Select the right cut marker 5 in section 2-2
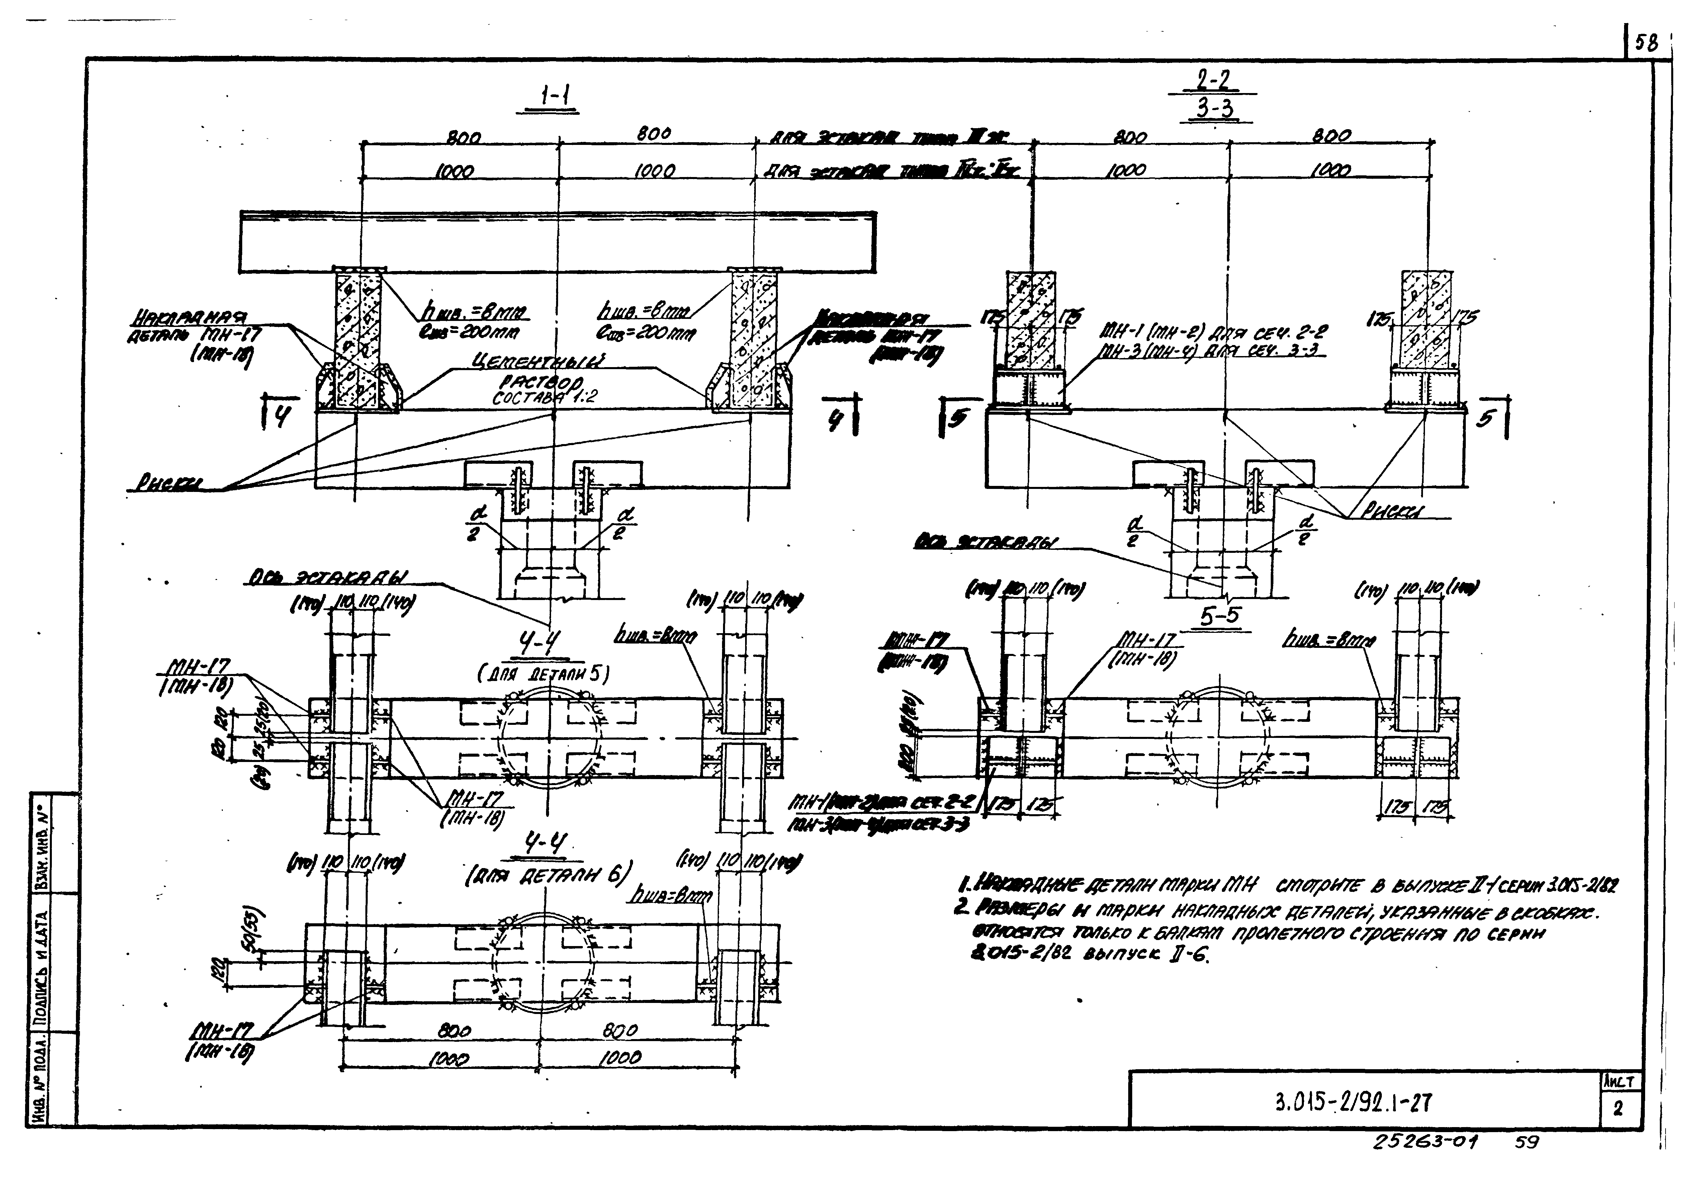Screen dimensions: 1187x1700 pyautogui.click(x=1485, y=419)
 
